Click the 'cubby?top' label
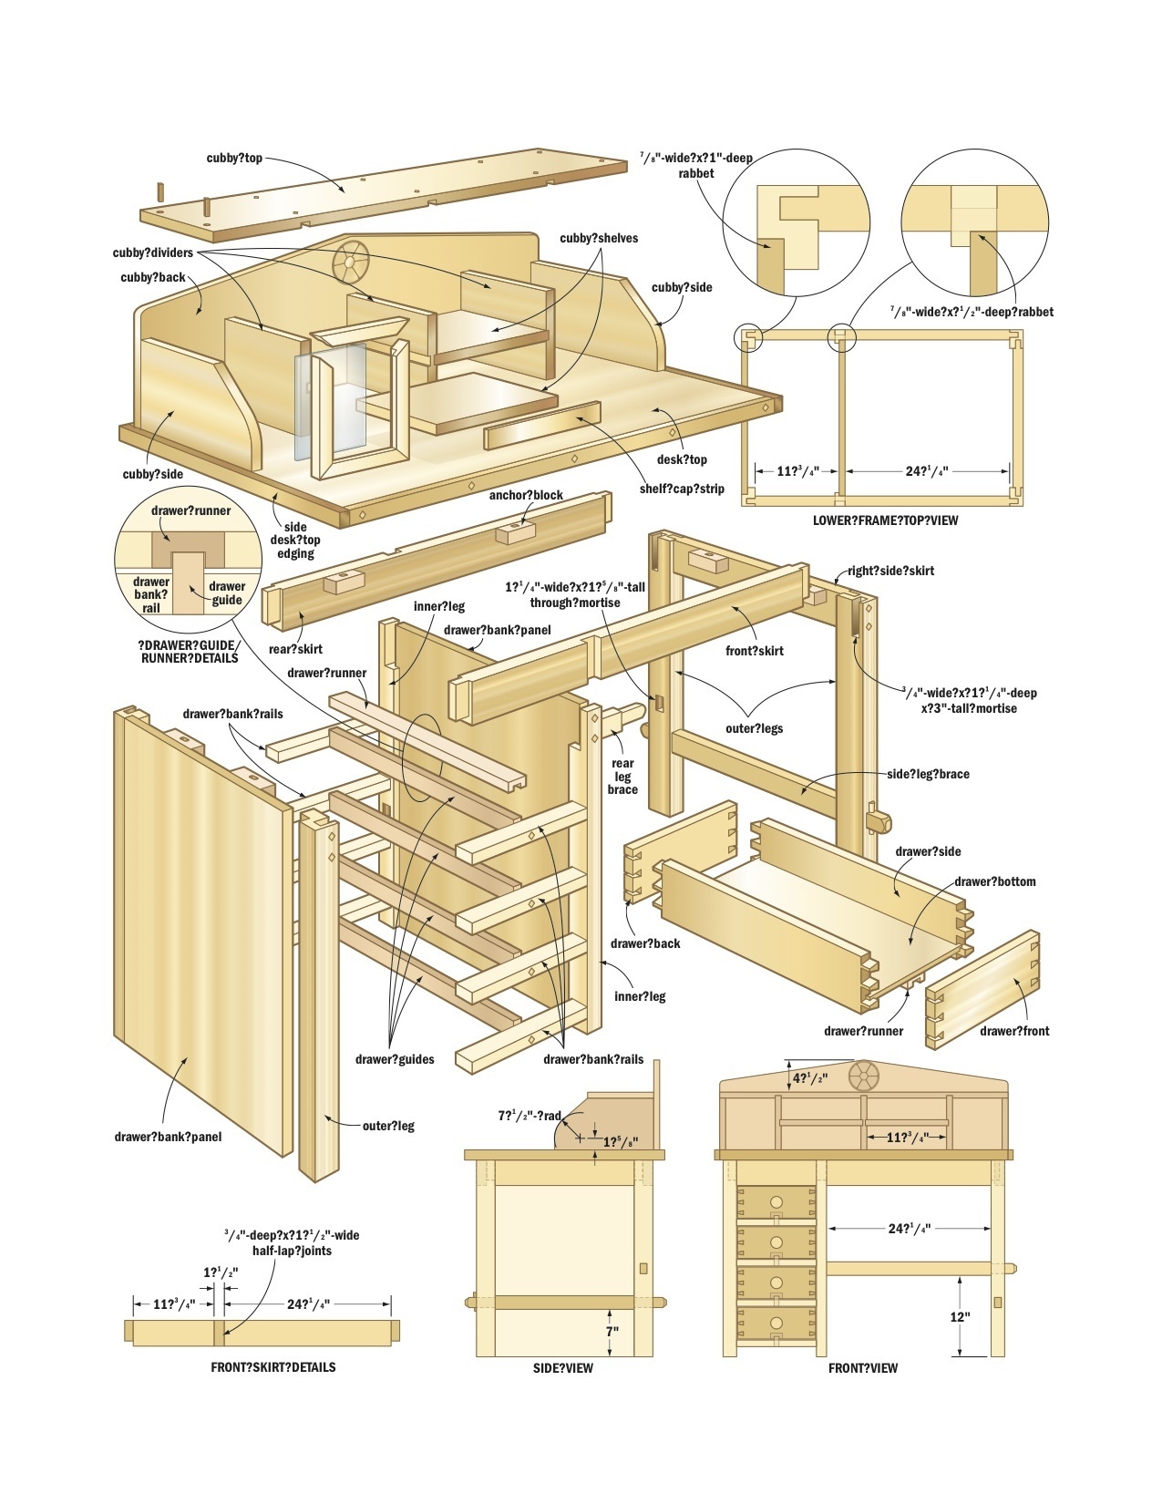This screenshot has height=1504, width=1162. click(234, 158)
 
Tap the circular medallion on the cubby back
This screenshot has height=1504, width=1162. click(348, 262)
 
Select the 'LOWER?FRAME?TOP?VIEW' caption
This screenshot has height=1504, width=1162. click(884, 520)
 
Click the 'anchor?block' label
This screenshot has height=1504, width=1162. click(526, 495)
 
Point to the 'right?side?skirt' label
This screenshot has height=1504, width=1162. click(890, 571)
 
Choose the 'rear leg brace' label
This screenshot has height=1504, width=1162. click(623, 776)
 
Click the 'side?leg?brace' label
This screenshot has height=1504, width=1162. click(928, 774)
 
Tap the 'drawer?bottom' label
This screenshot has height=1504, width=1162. click(994, 881)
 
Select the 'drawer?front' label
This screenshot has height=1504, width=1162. click(1014, 1031)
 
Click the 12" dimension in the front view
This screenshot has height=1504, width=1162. click(960, 1316)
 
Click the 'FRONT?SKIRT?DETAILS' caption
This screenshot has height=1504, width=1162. click(273, 1367)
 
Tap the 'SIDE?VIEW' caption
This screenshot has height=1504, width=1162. click(563, 1368)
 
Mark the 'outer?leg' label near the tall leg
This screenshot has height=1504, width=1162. click(388, 1126)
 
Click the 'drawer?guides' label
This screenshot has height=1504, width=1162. click(395, 1059)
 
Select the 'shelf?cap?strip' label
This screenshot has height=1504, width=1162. click(682, 489)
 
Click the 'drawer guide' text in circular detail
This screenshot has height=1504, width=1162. click(227, 592)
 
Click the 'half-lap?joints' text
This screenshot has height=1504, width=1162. click(292, 1251)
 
